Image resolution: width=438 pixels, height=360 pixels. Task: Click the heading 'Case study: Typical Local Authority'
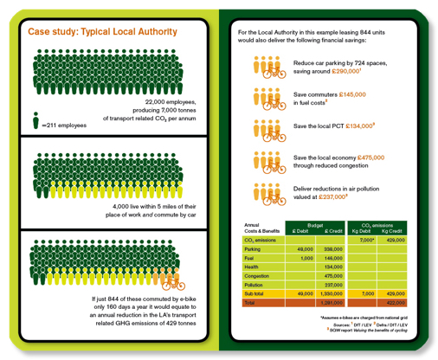click(103, 31)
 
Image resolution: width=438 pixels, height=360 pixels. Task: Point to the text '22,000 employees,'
click(171, 101)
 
